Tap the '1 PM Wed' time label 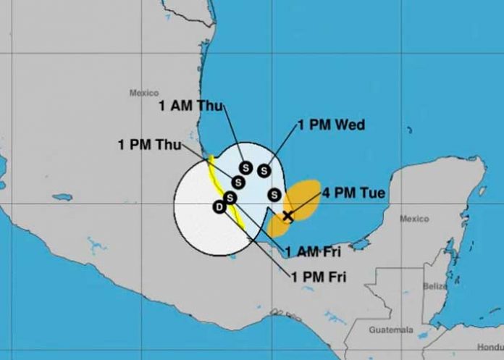331,125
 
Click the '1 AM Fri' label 312,251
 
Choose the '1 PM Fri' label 319,275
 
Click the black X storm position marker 287,215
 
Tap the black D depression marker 219,208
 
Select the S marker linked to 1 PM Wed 264,170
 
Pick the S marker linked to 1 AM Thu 245,167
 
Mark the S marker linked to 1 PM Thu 238,182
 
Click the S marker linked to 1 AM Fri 230,197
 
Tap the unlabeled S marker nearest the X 274,194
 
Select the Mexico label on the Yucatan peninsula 414,219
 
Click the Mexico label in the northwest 143,93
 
